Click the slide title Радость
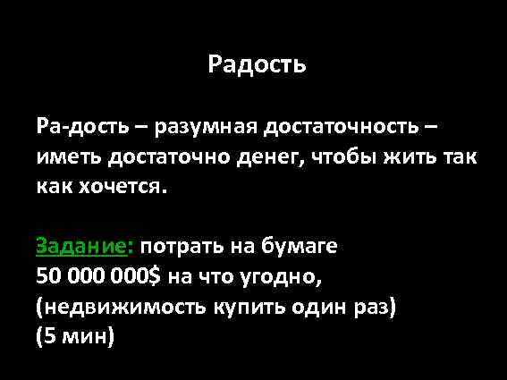257,64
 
